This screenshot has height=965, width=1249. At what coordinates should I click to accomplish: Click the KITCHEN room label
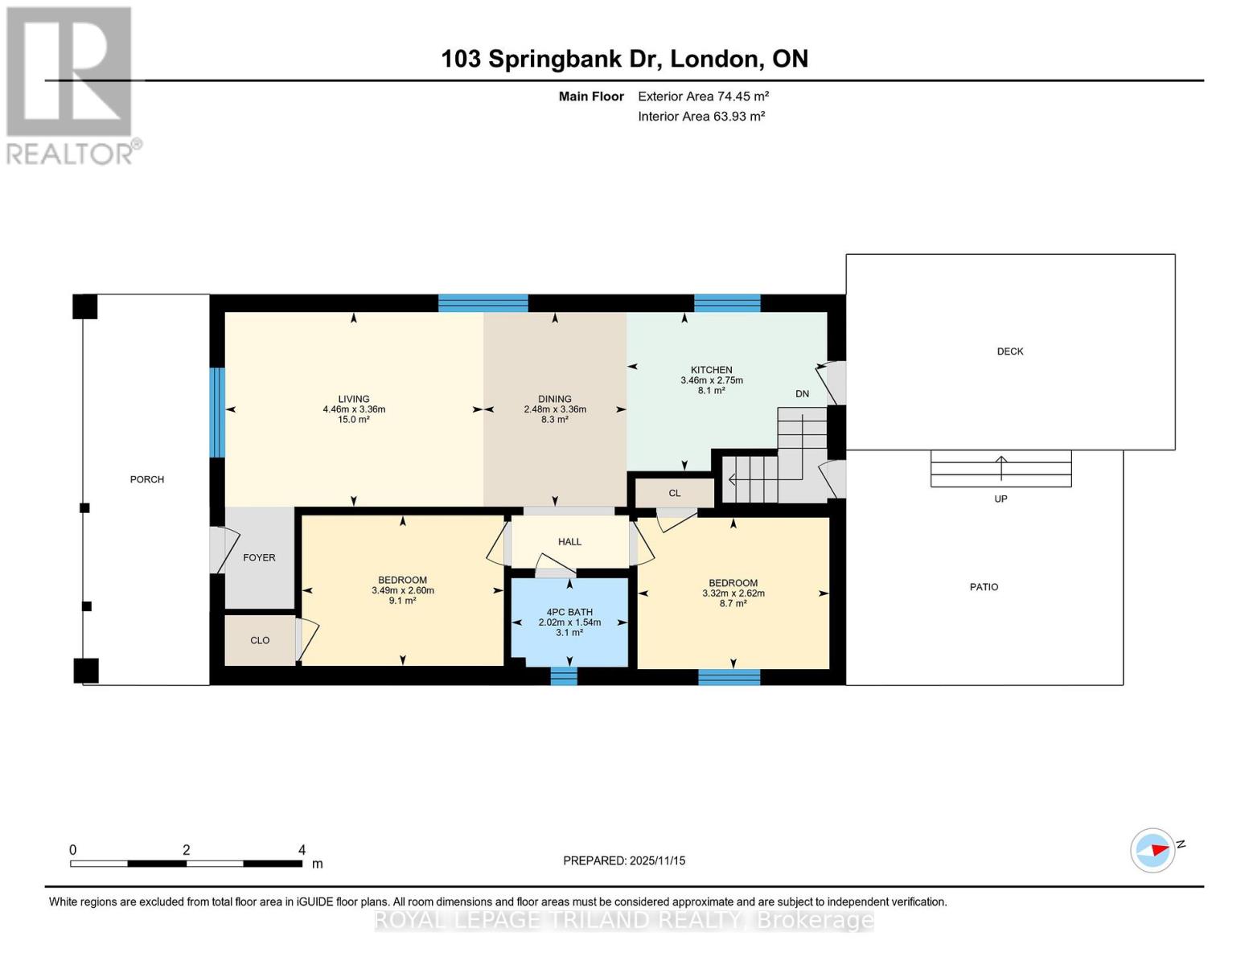tap(711, 370)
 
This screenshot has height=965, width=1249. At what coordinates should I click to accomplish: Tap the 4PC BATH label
tap(569, 612)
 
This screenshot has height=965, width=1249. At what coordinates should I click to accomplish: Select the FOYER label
tap(259, 557)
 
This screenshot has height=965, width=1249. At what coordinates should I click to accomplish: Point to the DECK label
tap(1010, 351)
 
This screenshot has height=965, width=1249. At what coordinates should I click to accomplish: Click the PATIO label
tap(984, 587)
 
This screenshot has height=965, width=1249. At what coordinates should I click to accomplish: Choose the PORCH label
tap(147, 479)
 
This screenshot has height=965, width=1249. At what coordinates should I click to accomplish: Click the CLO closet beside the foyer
tap(260, 641)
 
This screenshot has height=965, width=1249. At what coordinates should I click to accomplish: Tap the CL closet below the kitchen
tap(674, 493)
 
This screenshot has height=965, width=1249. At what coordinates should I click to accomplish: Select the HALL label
tap(569, 542)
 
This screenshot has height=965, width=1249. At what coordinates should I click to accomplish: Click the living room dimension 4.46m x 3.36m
tap(354, 409)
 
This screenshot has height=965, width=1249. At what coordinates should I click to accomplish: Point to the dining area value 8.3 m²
tap(555, 420)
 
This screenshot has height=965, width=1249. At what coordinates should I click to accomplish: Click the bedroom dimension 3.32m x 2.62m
tap(733, 593)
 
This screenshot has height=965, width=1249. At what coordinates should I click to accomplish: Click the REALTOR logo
tap(71, 84)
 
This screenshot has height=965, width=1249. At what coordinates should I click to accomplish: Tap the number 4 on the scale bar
tap(302, 850)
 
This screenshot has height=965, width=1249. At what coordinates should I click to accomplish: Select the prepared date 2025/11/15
tap(657, 860)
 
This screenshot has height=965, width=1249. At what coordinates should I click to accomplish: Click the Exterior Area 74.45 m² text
tap(703, 96)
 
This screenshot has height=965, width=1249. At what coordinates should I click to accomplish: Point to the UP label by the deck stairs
tap(1000, 499)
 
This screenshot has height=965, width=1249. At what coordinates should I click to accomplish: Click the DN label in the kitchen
tap(802, 394)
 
